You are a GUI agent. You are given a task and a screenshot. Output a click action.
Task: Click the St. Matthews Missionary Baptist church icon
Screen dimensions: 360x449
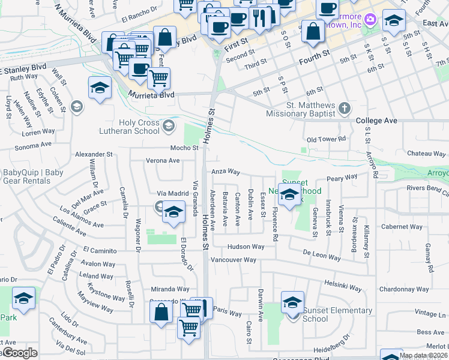click(344, 109)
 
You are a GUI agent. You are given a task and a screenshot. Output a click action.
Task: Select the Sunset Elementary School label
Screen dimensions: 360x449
click(337, 314)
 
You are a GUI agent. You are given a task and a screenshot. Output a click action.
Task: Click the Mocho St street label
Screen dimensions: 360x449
click(184, 148)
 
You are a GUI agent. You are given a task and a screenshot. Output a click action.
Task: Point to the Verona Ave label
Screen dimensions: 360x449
click(163, 161)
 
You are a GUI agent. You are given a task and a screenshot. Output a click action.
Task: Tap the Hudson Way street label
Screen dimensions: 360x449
click(246, 247)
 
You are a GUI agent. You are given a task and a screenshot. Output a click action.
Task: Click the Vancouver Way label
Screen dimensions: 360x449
click(234, 260)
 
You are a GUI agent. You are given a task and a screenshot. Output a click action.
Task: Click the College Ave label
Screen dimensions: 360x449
click(376, 121)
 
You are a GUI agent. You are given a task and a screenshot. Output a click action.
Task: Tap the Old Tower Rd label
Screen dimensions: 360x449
click(326, 139)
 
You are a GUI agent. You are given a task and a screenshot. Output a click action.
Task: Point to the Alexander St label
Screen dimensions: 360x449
click(94, 154)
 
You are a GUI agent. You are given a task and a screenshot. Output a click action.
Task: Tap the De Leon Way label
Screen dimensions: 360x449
click(321, 254)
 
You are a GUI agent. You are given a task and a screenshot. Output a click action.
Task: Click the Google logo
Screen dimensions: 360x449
click(19, 353)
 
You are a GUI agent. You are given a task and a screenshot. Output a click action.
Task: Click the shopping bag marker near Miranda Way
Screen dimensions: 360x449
click(161, 312)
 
